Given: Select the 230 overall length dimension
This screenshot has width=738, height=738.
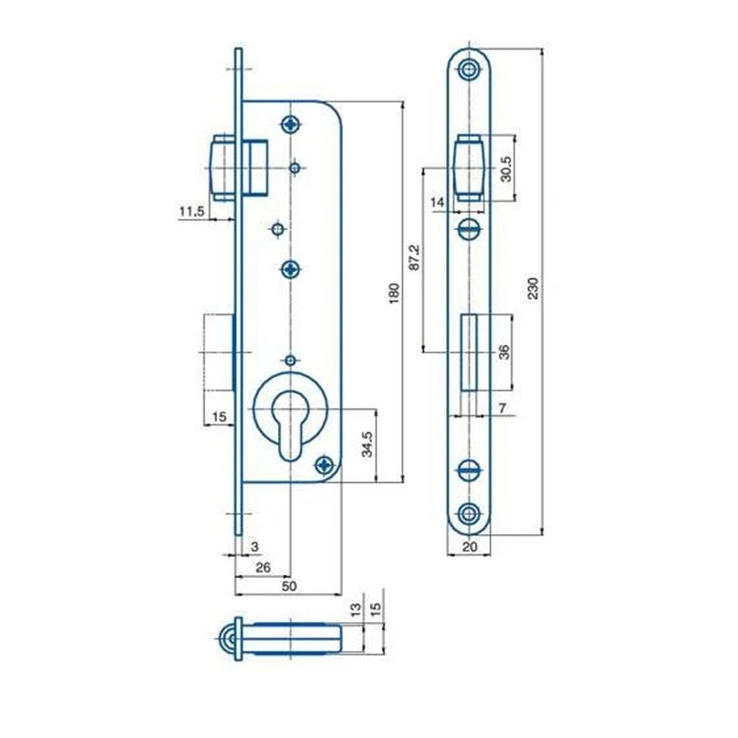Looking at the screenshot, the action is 533,288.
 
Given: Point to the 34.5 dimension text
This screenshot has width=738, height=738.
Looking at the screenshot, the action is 367,444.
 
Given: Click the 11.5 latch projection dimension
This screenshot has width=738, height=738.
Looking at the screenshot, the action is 192,211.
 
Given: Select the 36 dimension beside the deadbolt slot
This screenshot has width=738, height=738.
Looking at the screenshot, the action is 504,352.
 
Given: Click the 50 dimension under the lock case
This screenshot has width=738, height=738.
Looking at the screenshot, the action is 288,587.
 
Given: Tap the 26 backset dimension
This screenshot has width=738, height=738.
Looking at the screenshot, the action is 263,568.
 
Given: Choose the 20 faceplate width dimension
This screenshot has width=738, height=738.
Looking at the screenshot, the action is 470,547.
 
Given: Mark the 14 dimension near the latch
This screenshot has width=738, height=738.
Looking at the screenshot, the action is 437,203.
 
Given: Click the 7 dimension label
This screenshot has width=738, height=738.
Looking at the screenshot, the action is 502,409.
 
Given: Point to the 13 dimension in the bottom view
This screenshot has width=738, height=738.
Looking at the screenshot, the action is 355,611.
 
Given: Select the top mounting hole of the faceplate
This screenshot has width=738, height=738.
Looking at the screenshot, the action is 470,70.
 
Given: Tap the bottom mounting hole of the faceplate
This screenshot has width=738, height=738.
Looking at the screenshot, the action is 470,513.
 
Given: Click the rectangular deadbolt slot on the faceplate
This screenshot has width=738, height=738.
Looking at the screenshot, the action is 470,352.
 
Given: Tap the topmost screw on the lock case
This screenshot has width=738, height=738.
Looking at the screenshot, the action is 290,124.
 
